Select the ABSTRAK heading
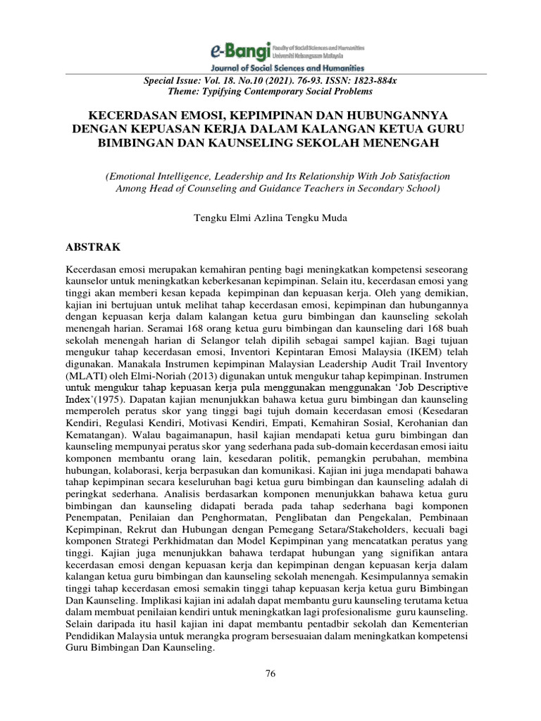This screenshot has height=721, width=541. pyautogui.click(x=93, y=247)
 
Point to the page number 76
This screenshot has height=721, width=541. pyautogui.click(x=270, y=674)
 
